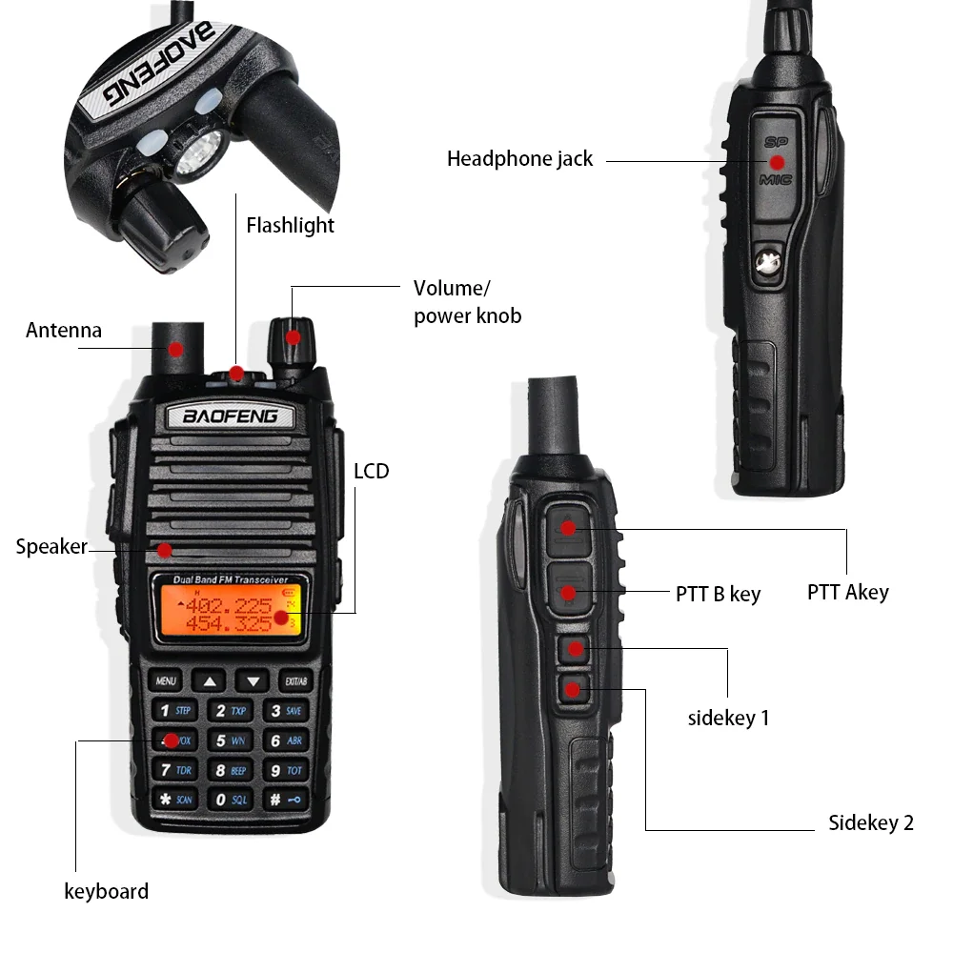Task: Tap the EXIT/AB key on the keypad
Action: (295, 681)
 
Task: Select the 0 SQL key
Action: (230, 799)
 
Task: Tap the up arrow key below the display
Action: (210, 681)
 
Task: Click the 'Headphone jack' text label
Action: (519, 159)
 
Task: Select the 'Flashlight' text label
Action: (290, 226)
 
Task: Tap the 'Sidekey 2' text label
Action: (870, 823)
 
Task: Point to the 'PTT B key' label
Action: (718, 595)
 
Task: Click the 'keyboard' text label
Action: (106, 892)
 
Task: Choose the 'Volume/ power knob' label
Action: (467, 301)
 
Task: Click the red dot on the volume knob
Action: (294, 336)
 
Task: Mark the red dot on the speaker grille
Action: (165, 550)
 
